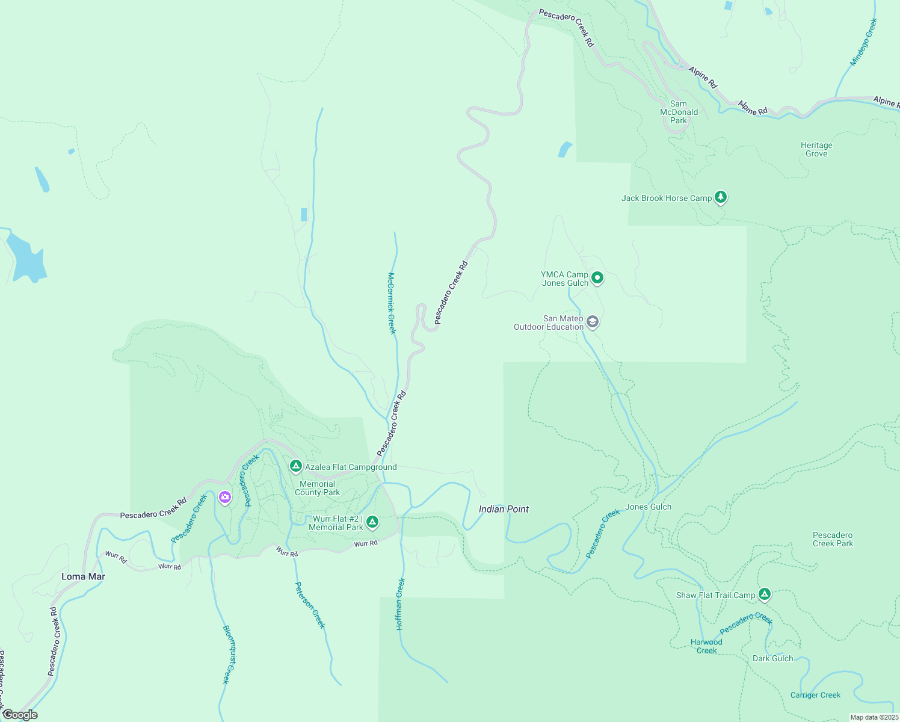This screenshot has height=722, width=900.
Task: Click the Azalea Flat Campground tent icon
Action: point(295,466)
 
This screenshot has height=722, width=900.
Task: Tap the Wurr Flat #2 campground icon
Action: point(372,522)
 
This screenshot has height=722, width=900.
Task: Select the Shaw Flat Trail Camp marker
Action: point(764,594)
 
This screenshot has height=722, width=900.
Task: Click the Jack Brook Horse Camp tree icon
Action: point(721,197)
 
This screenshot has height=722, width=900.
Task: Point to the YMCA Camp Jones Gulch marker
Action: point(597,277)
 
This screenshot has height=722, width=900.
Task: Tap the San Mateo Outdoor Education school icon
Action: point(593,322)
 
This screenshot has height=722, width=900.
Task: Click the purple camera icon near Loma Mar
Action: point(225,497)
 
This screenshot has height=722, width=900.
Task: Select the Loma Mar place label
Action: point(83,576)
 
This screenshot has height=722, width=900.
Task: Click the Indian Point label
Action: point(504,509)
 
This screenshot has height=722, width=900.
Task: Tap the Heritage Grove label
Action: point(816,149)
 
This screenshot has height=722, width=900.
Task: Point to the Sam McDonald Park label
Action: point(679,112)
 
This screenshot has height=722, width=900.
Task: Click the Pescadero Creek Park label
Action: point(833,539)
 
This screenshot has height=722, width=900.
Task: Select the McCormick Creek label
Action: point(391,303)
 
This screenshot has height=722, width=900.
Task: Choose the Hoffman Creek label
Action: point(401,604)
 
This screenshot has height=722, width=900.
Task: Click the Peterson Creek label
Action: point(310,605)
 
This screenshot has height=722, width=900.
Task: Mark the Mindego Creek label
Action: point(864,42)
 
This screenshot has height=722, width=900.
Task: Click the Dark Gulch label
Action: point(772,658)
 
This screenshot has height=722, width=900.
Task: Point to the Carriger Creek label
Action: point(815,695)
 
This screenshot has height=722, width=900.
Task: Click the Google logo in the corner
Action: point(20,715)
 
